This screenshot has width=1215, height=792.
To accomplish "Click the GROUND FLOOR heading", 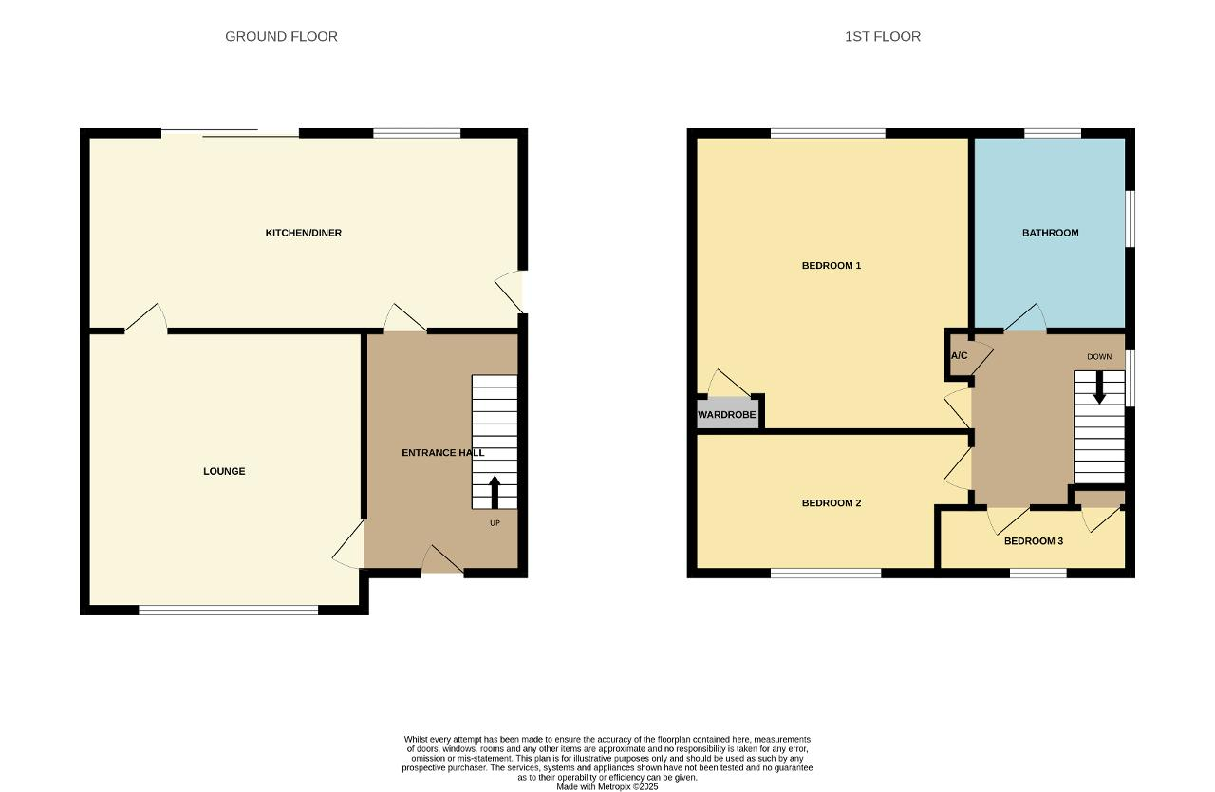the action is pyautogui.click(x=281, y=36).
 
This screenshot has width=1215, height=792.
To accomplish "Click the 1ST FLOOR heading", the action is pyautogui.click(x=883, y=36).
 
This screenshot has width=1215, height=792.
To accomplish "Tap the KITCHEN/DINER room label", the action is pyautogui.click(x=303, y=233).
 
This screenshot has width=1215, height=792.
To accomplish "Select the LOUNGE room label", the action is pyautogui.click(x=224, y=471).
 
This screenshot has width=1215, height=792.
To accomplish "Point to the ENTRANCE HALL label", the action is pyautogui.click(x=443, y=452).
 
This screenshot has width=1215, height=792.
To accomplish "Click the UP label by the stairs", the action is pyautogui.click(x=495, y=523).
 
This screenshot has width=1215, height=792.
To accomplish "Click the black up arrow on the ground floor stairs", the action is pyautogui.click(x=495, y=493).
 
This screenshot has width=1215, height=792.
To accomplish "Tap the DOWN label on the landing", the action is pyautogui.click(x=1099, y=356).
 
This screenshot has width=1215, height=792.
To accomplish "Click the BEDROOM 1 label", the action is pyautogui.click(x=832, y=265).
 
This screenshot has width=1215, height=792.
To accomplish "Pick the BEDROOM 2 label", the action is pyautogui.click(x=832, y=503).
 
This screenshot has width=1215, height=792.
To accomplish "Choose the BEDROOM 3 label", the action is pyautogui.click(x=1034, y=541).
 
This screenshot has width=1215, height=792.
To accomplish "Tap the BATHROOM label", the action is pyautogui.click(x=1050, y=233).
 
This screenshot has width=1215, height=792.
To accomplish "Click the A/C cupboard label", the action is pyautogui.click(x=959, y=356).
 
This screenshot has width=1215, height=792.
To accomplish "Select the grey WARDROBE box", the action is pyautogui.click(x=727, y=414).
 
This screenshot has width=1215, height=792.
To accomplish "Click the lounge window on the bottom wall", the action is pyautogui.click(x=229, y=610).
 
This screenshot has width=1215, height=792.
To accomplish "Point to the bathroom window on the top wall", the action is pyautogui.click(x=1053, y=133).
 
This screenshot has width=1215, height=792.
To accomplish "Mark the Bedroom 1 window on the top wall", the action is pyautogui.click(x=828, y=133).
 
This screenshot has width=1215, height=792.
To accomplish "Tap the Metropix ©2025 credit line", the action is pyautogui.click(x=607, y=786).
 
